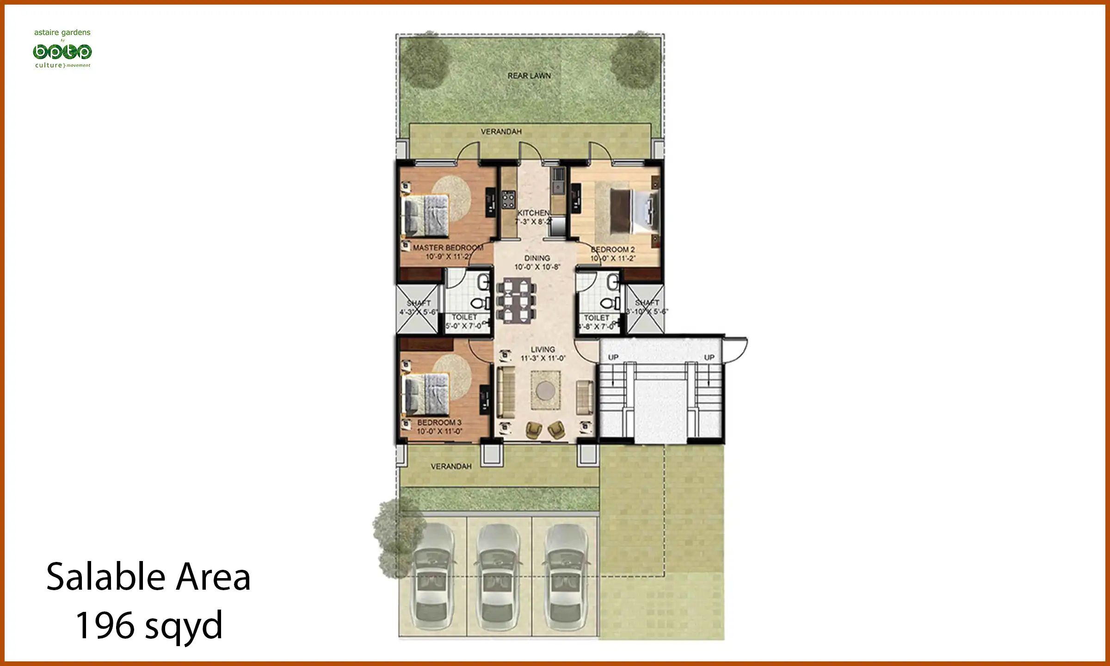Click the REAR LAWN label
(x=529, y=76)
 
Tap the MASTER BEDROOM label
(x=448, y=248)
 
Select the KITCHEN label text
(x=533, y=213)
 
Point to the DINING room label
(x=537, y=258)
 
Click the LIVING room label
(x=543, y=350)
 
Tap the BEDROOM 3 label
(x=439, y=423)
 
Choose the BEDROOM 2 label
(x=613, y=250)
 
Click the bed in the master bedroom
(x=425, y=215)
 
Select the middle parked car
(x=499, y=578)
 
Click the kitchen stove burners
(x=508, y=200)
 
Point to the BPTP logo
(x=62, y=52)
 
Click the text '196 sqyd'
(x=149, y=625)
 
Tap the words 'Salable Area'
(x=148, y=577)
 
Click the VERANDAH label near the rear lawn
(x=501, y=132)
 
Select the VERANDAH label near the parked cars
(x=451, y=467)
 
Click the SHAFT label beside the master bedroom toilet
(x=419, y=303)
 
